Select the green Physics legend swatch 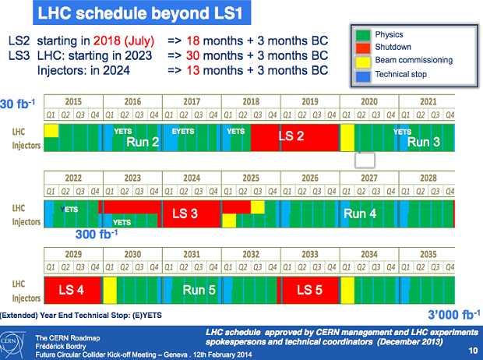[x=362, y=36]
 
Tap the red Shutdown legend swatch [x=362, y=48]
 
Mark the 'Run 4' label [x=360, y=214]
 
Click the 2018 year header [x=251, y=102]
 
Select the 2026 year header [x=310, y=178]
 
